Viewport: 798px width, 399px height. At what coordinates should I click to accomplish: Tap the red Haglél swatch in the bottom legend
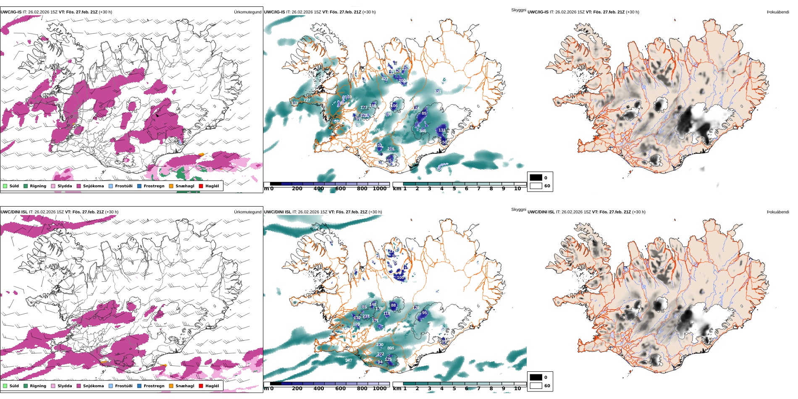pyautogui.click(x=201, y=386)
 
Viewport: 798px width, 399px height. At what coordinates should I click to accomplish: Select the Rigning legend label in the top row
pyautogui.click(x=38, y=186)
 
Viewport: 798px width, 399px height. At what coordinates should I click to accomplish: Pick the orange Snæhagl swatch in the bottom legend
pyautogui.click(x=171, y=386)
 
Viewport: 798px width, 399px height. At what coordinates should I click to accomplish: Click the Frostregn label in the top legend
pyautogui.click(x=154, y=186)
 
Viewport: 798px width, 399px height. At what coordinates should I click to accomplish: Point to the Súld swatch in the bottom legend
pyautogui.click(x=5, y=386)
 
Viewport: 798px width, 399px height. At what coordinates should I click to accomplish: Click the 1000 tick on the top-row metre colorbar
pyautogui.click(x=379, y=189)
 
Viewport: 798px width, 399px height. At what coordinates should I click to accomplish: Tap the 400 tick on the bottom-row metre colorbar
pyautogui.click(x=319, y=388)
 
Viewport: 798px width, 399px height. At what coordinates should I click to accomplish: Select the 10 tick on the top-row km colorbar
pyautogui.click(x=517, y=189)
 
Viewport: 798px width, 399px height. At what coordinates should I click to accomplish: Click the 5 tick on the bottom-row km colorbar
pyautogui.click(x=454, y=388)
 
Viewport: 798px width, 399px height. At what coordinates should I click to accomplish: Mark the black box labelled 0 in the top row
pyautogui.click(x=536, y=178)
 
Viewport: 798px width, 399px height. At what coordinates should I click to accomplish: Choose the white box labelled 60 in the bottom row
pyautogui.click(x=536, y=386)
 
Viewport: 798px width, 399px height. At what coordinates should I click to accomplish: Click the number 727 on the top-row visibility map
pyautogui.click(x=307, y=100)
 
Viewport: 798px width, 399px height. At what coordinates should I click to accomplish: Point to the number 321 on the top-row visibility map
pyautogui.click(x=438, y=92)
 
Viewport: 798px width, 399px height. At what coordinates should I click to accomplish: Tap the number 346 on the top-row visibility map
pyautogui.click(x=423, y=131)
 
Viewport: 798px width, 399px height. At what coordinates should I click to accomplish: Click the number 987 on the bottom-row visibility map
pyautogui.click(x=349, y=360)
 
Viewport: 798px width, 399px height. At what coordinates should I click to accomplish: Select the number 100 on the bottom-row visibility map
pyautogui.click(x=400, y=278)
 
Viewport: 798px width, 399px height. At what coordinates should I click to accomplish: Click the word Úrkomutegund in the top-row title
pyautogui.click(x=247, y=12)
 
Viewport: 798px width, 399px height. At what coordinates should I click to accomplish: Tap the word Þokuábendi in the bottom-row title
pyautogui.click(x=778, y=212)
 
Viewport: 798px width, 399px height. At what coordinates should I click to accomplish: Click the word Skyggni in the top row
pyautogui.click(x=518, y=10)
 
